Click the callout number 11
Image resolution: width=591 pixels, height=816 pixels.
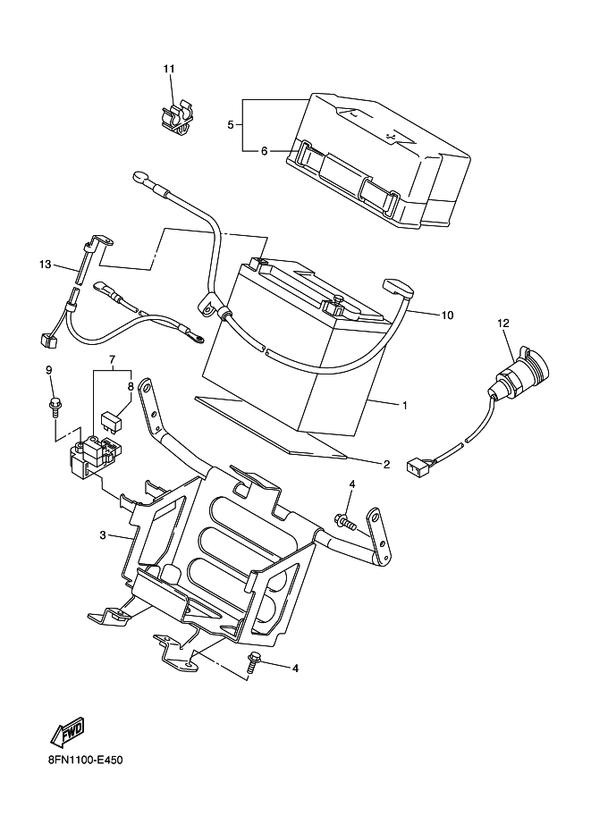169,69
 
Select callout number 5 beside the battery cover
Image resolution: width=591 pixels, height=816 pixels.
230,124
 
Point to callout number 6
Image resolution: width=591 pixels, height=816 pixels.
264,151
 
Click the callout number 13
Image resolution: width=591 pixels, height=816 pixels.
46,265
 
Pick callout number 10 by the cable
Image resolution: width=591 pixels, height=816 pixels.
447,315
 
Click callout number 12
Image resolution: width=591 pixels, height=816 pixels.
503,324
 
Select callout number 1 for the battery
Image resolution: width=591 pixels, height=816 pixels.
405,405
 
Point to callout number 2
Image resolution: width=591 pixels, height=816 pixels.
386,464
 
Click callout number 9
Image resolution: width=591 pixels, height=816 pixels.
49,370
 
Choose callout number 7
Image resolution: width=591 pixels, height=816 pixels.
111,359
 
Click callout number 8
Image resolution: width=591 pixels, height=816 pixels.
131,387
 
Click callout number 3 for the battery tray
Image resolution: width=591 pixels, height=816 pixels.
103,534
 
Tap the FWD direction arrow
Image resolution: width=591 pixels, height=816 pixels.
67,733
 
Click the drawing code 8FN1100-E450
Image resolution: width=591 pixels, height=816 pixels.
86,761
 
